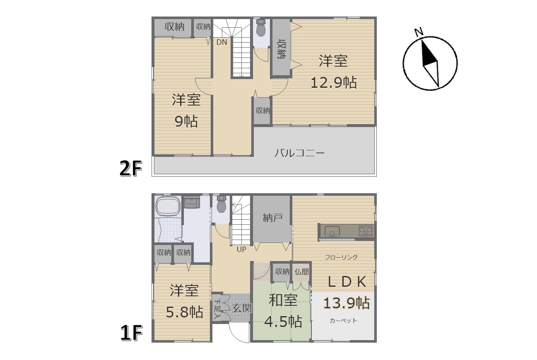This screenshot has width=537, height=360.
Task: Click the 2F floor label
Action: pos(131,168)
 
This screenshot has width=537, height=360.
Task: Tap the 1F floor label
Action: pos(131,333)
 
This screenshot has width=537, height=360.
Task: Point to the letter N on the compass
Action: pos(419,32)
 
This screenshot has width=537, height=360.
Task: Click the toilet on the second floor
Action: pos(261,27)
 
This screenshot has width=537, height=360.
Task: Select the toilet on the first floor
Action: pos(222,204)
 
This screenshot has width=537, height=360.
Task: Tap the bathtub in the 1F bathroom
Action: pos(168,207)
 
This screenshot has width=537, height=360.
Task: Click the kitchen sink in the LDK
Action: pos(332,232)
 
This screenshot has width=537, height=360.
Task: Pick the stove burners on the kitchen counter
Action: pos(365,230)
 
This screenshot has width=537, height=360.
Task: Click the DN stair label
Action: pos(222,42)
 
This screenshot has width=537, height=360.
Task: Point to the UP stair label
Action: pos(241,250)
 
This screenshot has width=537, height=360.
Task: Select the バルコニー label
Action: pos(299,153)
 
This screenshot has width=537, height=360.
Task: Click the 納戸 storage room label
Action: pos(272,218)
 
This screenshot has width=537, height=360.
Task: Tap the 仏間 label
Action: pos(302,271)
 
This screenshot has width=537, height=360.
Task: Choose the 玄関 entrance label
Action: pos(242,308)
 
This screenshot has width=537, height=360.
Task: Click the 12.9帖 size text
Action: pos(334,83)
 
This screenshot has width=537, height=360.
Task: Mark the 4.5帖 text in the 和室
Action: pos(283,322)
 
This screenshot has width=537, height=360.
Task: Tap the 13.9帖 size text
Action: pos(347,303)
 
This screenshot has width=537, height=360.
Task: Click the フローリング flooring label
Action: pos(341,257)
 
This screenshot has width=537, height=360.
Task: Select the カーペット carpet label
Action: pos(343,321)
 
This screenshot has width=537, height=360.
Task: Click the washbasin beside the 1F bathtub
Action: pos(192,202)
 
